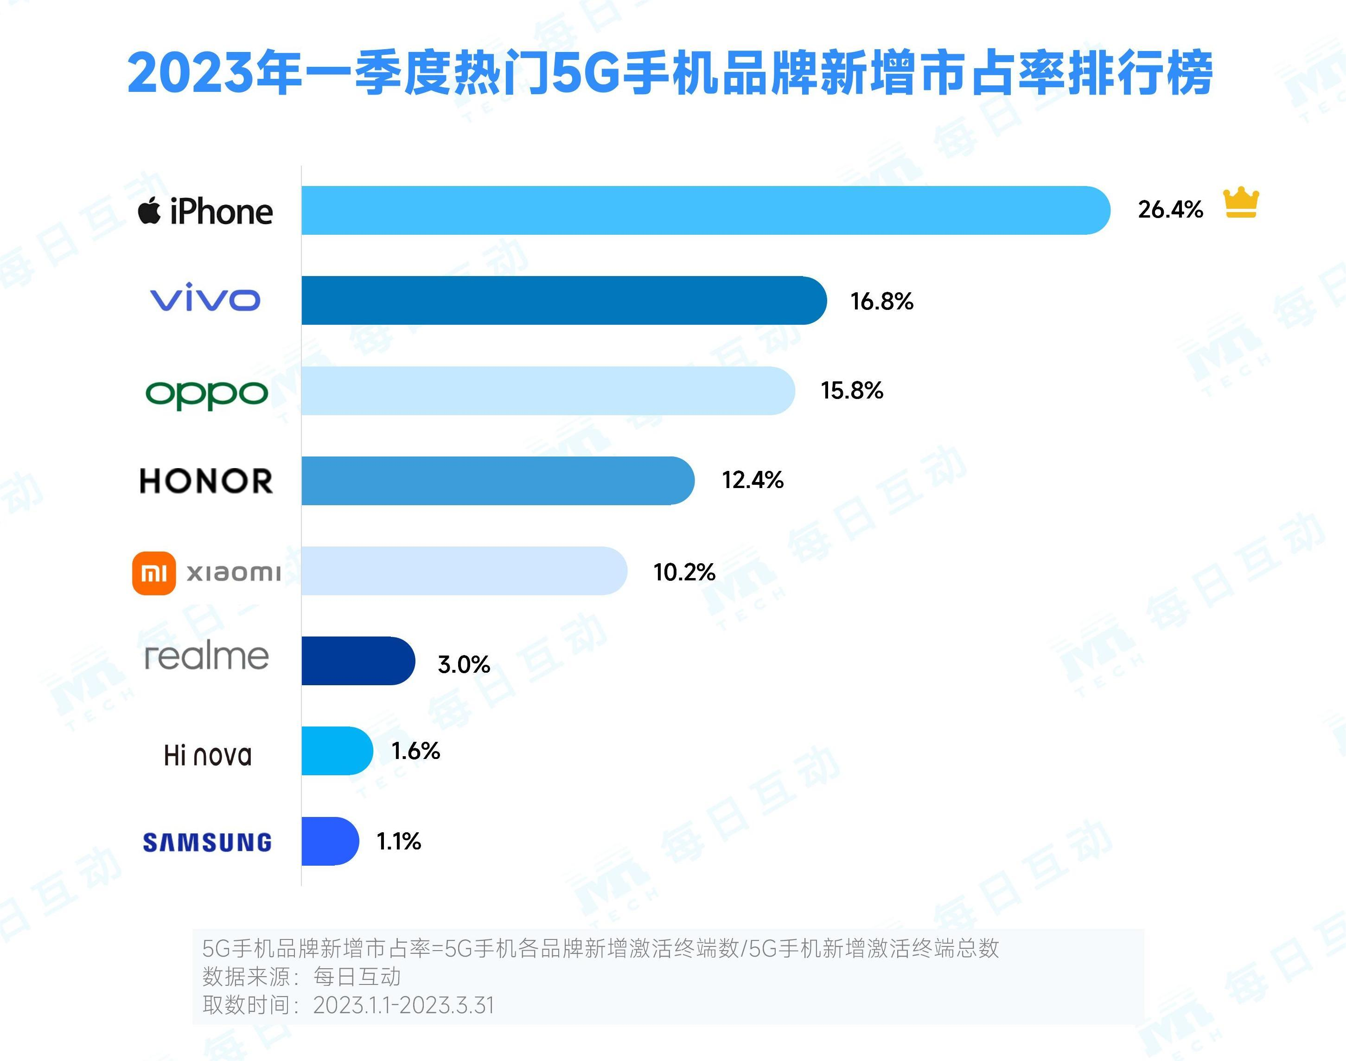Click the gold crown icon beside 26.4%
click(1240, 203)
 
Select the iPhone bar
click(705, 211)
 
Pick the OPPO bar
click(547, 391)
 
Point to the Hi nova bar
click(337, 751)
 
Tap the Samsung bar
click(330, 841)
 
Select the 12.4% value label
click(753, 480)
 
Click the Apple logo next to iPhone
click(149, 211)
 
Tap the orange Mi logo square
click(154, 573)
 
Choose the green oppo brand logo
click(207, 394)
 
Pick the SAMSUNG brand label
click(207, 842)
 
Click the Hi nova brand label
click(207, 755)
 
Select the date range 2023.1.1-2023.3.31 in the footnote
click(403, 1005)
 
